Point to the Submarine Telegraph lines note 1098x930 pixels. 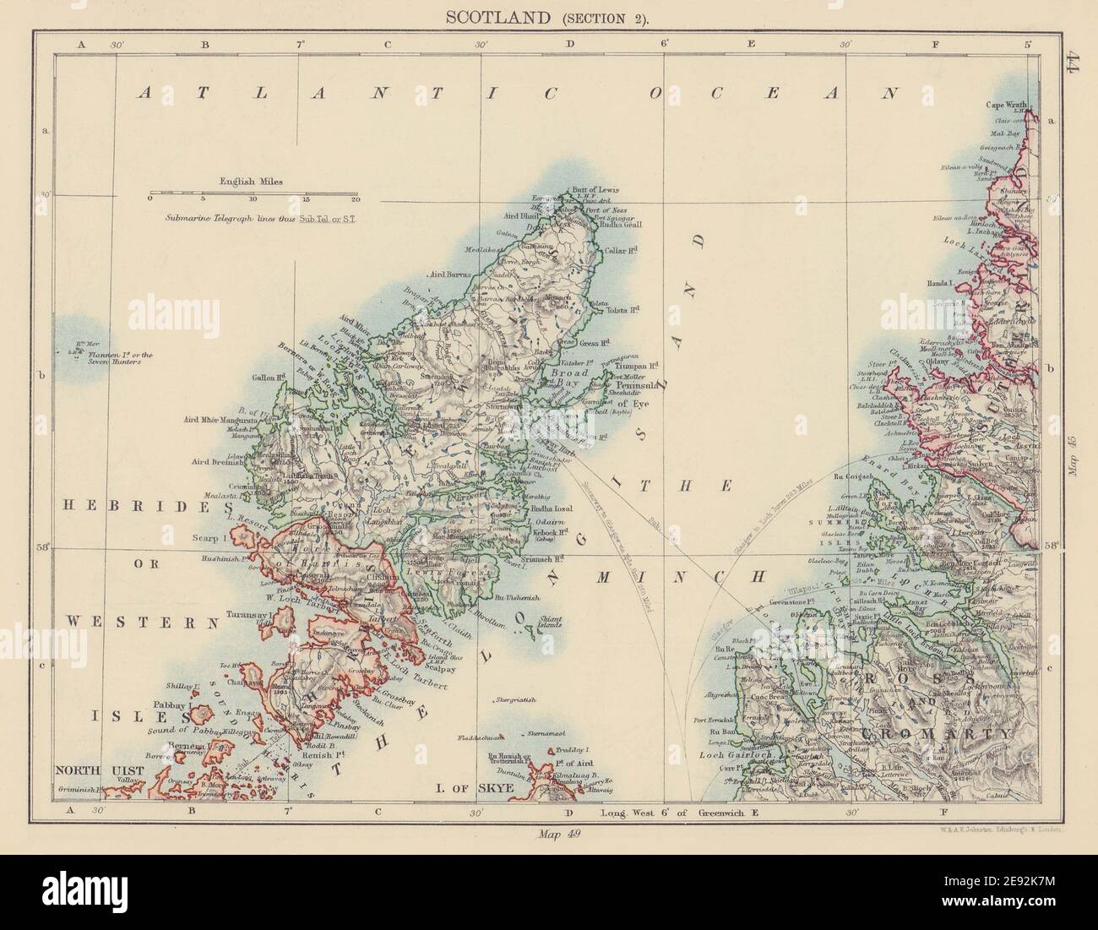(252, 216)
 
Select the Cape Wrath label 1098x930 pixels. (1011, 106)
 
